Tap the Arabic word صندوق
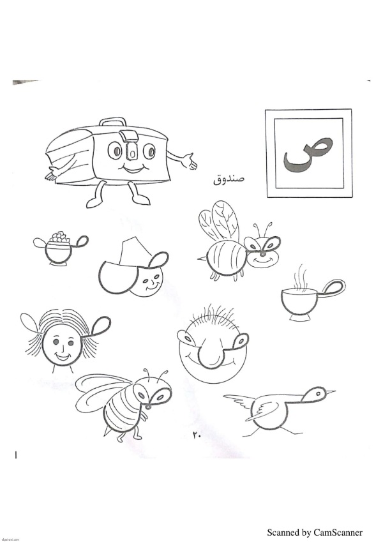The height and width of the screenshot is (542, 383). (229, 179)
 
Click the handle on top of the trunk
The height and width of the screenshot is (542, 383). (112, 122)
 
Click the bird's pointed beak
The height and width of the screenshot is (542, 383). (331, 391)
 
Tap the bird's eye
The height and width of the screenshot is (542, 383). (318, 393)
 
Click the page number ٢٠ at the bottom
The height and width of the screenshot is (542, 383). (196, 436)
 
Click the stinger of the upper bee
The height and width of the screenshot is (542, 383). (202, 258)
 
